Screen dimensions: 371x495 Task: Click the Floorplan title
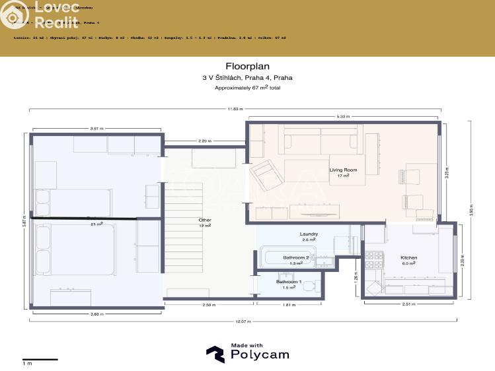(247, 66)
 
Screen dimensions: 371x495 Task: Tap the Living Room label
(343, 170)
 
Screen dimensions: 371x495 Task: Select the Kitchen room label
(408, 257)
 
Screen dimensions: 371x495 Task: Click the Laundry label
(309, 234)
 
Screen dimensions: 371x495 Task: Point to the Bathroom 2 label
(296, 257)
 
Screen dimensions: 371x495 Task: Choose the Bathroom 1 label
(288, 282)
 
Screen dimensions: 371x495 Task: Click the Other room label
(204, 220)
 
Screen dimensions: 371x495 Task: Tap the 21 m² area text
(96, 224)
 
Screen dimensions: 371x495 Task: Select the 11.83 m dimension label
(235, 109)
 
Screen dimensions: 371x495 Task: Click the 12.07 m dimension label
(243, 321)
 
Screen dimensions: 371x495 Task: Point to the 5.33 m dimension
(342, 117)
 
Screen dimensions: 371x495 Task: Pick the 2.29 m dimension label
(205, 141)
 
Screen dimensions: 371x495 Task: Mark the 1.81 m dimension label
(289, 305)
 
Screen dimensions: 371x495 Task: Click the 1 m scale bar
(40, 360)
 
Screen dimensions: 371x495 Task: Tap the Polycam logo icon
(215, 354)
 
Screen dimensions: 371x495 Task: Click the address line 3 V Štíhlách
(247, 78)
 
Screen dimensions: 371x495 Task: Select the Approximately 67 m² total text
(247, 87)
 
